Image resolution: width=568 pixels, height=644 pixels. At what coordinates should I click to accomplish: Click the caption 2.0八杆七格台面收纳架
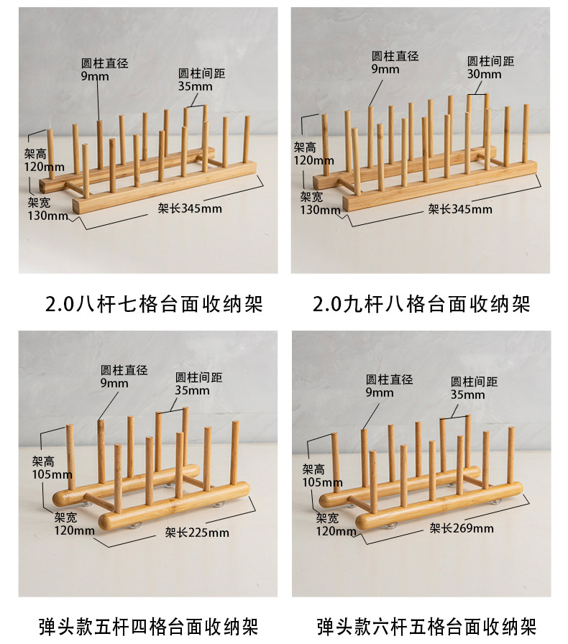[x=154, y=304]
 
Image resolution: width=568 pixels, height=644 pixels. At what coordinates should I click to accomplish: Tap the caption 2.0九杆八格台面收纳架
[x=421, y=304]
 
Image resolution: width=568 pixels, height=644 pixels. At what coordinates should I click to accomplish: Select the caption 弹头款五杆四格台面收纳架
[x=148, y=627]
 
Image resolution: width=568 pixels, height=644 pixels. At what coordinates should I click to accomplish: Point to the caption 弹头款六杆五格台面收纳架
[x=426, y=627]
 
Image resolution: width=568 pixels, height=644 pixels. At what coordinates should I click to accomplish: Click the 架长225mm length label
[x=197, y=533]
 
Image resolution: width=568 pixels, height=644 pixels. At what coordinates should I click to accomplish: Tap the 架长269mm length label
[x=462, y=528]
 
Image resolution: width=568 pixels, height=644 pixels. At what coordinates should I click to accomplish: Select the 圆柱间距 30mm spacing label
[x=490, y=68]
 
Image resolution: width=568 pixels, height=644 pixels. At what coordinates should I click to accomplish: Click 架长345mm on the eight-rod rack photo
[x=190, y=208]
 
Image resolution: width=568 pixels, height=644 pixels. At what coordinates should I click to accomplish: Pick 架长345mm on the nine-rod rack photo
[x=460, y=209]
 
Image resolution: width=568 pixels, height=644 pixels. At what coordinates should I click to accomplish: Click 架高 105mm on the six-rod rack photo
[x=322, y=476]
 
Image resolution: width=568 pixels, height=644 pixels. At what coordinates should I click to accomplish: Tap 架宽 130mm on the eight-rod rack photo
[x=47, y=208]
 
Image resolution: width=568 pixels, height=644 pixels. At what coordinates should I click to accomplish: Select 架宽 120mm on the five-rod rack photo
[x=74, y=524]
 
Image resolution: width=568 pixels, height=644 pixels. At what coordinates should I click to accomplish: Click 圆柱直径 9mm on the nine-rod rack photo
[x=395, y=63]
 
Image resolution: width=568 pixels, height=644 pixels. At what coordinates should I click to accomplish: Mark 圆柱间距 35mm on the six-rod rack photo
[x=474, y=388]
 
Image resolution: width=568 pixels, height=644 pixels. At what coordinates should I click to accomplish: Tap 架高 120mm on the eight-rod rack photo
[x=44, y=160]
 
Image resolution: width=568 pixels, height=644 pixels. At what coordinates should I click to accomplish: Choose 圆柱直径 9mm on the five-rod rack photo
[x=124, y=377]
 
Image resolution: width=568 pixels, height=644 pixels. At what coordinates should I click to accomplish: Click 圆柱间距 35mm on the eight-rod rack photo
[x=201, y=80]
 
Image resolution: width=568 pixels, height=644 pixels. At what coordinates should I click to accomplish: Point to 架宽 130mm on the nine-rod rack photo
[x=320, y=203]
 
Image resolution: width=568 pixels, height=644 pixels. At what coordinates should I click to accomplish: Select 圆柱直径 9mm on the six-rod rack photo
[x=389, y=386]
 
